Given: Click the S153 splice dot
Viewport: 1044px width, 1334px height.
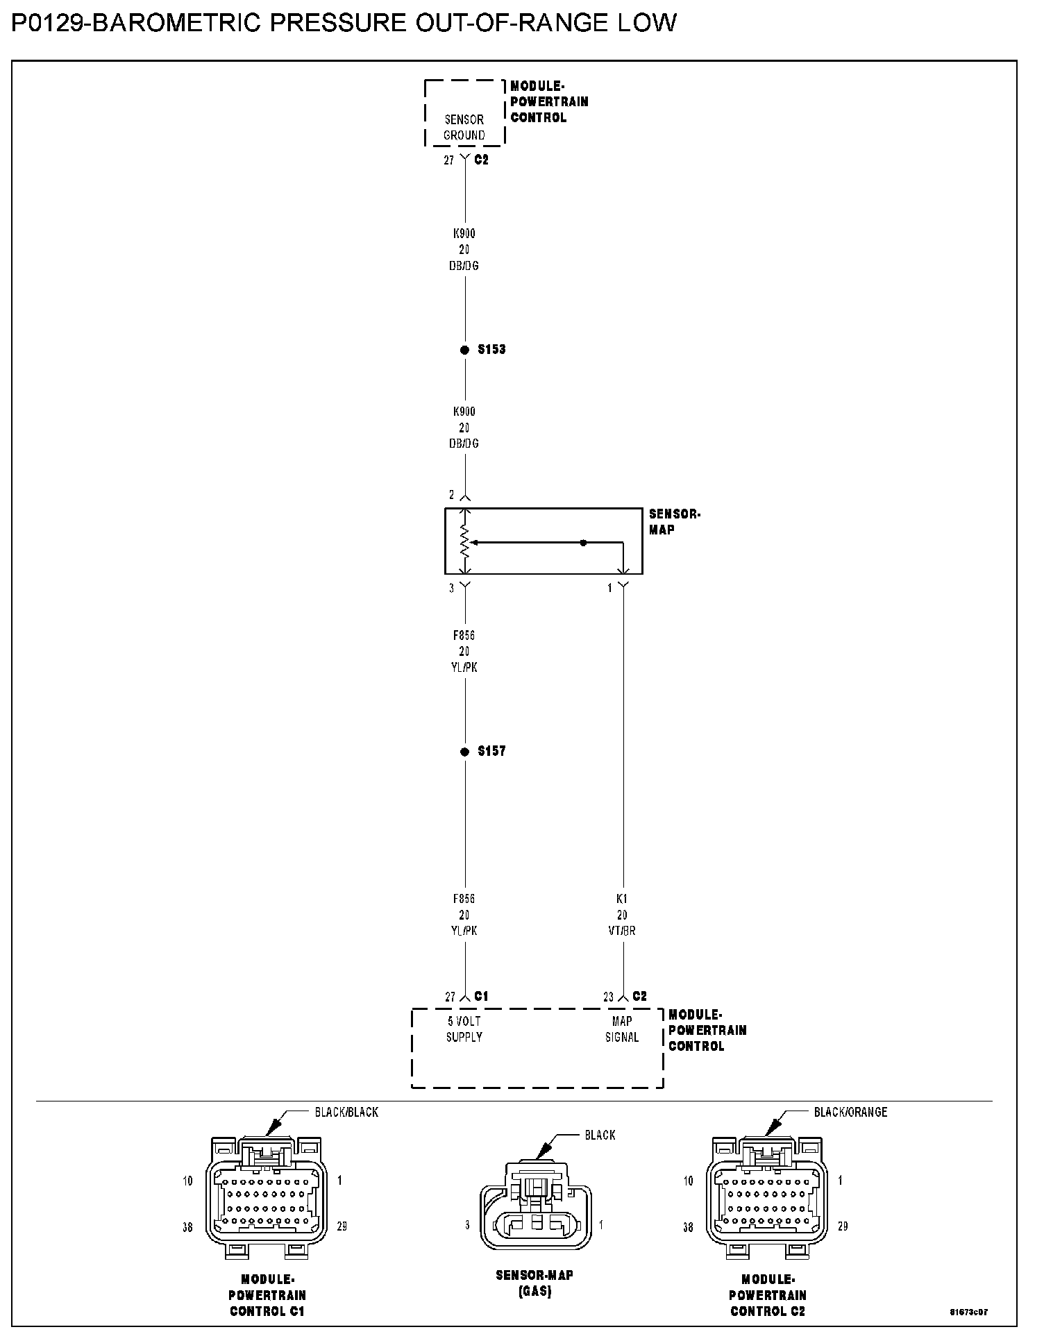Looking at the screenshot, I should tap(464, 350).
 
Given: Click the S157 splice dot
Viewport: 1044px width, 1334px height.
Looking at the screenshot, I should tap(464, 752).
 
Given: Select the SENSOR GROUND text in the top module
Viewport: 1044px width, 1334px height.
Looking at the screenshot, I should tap(464, 128).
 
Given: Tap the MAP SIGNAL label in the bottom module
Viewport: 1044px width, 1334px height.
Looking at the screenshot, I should tap(622, 1029).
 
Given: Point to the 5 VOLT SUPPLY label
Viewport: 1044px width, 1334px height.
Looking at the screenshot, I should tap(464, 1029).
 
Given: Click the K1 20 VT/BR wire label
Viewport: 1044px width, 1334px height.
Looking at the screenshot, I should tap(622, 915).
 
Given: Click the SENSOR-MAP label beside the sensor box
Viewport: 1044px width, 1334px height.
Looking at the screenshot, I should tap(674, 522).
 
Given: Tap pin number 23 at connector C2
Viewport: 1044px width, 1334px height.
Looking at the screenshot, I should tap(609, 997).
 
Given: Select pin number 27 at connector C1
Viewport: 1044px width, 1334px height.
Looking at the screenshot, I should tap(451, 997).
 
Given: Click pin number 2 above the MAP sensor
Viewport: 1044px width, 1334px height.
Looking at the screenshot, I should tap(452, 495).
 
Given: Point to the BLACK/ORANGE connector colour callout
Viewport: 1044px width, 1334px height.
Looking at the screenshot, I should tap(850, 1112).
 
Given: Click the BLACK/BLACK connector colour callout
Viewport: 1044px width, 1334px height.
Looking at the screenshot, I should tap(346, 1112).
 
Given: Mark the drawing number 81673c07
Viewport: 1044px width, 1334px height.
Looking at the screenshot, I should tap(969, 1312).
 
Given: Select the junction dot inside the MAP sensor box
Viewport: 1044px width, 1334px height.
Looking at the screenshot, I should tap(583, 543).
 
